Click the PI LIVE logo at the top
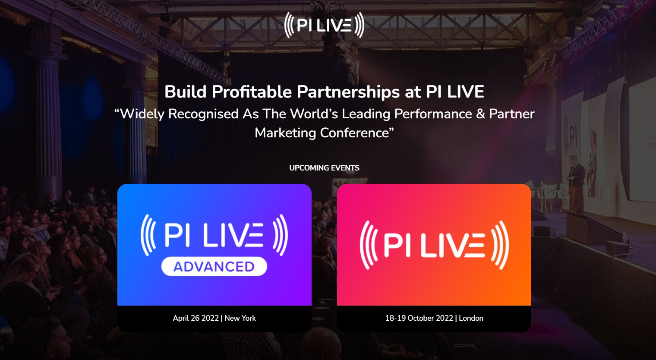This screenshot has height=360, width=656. click(x=324, y=25)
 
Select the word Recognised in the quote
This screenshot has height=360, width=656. click(x=203, y=114)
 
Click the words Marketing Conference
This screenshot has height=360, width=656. click(x=322, y=133)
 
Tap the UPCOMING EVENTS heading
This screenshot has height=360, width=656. click(x=324, y=168)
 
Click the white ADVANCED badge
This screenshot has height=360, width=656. click(x=214, y=266)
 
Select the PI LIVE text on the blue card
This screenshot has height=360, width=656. click(x=214, y=235)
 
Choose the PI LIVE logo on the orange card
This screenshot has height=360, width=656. click(x=434, y=245)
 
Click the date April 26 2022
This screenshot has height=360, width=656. click(x=196, y=318)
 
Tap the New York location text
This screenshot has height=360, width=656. click(x=240, y=318)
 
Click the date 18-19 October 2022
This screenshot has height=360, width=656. click(x=419, y=318)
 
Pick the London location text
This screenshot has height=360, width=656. click(x=471, y=318)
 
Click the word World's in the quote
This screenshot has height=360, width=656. click(x=314, y=114)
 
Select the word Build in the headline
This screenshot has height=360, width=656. click(x=185, y=92)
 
